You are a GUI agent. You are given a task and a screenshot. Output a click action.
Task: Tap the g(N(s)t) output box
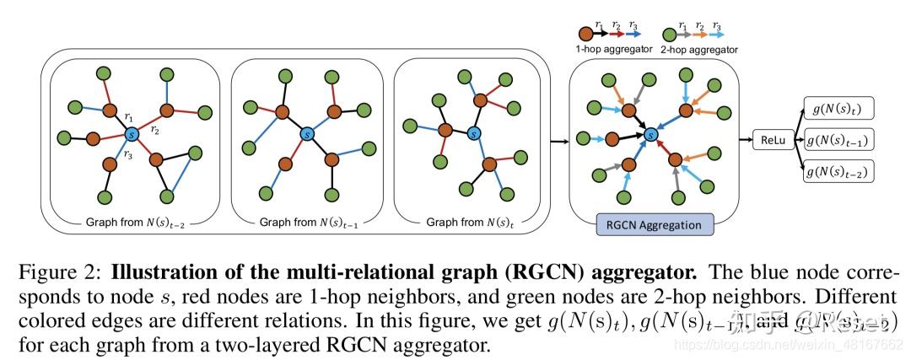tap(839, 109)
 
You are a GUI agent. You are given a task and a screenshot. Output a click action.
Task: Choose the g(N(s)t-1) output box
tap(839, 140)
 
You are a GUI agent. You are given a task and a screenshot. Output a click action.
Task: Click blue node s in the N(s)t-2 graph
tap(132, 134)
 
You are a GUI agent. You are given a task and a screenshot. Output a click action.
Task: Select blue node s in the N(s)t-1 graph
tap(306, 134)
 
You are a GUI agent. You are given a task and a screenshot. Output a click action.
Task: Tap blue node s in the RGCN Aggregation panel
tap(650, 133)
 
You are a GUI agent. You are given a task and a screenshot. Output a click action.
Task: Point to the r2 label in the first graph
tap(156, 130)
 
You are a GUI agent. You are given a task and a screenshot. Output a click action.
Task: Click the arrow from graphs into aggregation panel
tap(556, 141)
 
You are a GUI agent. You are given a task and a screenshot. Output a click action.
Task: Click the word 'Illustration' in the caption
tap(157, 273)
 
